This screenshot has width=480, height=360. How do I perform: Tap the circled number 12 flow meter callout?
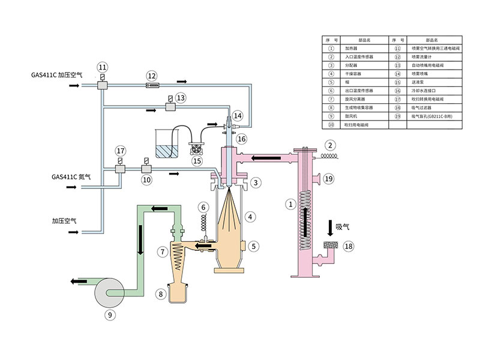click(x=152, y=76)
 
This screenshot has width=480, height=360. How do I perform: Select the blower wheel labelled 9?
click(x=109, y=293)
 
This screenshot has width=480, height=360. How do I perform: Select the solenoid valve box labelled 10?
click(x=145, y=170)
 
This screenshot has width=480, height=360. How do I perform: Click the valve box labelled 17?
click(x=120, y=170)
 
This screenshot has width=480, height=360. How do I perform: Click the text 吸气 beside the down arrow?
click(x=343, y=227)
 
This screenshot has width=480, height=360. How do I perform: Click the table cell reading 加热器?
click(x=351, y=47)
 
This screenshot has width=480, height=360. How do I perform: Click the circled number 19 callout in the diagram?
click(x=328, y=178)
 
